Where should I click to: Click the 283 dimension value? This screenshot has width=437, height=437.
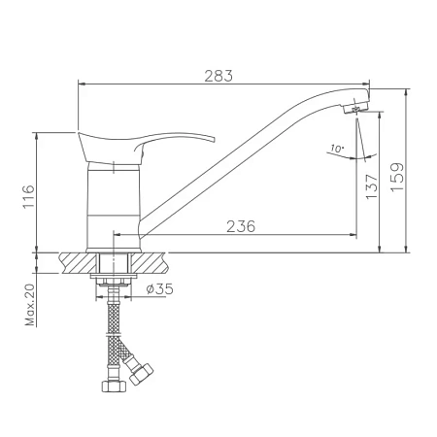point(218,76)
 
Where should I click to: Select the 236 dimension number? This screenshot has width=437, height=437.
point(241,226)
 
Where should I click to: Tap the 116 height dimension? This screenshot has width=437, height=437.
point(29,197)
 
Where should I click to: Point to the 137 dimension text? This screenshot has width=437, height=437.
point(371,186)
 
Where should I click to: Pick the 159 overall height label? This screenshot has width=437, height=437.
point(397,177)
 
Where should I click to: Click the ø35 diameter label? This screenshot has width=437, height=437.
point(159,288)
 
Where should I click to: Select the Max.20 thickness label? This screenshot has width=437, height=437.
point(29,305)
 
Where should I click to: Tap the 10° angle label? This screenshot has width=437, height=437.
point(337,149)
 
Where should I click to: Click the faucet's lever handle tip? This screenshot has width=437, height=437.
point(214,140)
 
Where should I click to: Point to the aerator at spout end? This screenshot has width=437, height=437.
point(355,108)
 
